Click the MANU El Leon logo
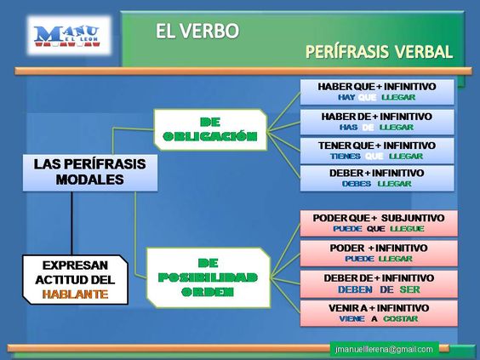pos(66,37)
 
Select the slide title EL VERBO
pos(197,32)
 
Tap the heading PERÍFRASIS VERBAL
pos(379,53)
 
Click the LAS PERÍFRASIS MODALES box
pos(89,172)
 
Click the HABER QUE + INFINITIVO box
pos(376,91)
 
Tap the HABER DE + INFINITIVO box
pos(376,121)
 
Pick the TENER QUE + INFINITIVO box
pos(376,150)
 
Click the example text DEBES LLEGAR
pos(376,184)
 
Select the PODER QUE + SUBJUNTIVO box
pos(376,222)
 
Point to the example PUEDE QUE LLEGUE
pos(376,230)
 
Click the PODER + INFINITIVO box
pos(376,252)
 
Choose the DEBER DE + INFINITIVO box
pos(376,283)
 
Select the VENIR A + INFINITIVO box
pos(376,311)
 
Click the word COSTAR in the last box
pos(400,318)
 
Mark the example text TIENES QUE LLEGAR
pos(376,157)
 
